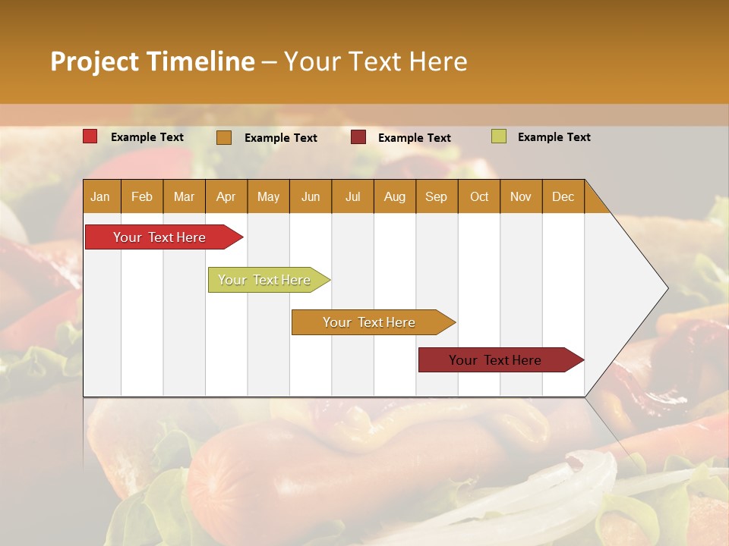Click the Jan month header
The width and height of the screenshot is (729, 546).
(101, 196)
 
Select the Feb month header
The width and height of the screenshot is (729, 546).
(142, 196)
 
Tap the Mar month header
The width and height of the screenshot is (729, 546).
(184, 196)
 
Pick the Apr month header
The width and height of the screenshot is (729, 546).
(226, 196)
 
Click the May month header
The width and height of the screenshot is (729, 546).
(268, 196)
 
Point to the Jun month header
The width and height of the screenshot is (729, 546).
(311, 196)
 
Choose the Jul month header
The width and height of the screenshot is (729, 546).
(352, 196)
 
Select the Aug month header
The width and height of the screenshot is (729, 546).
(395, 196)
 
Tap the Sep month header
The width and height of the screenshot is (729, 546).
(437, 196)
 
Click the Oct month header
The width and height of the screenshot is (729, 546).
(479, 196)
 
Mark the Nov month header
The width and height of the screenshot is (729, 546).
(521, 196)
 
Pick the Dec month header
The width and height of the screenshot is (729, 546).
(563, 196)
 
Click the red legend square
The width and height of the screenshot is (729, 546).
(90, 136)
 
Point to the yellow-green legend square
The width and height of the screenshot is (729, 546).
(498, 136)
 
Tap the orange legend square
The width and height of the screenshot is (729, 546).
(224, 137)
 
